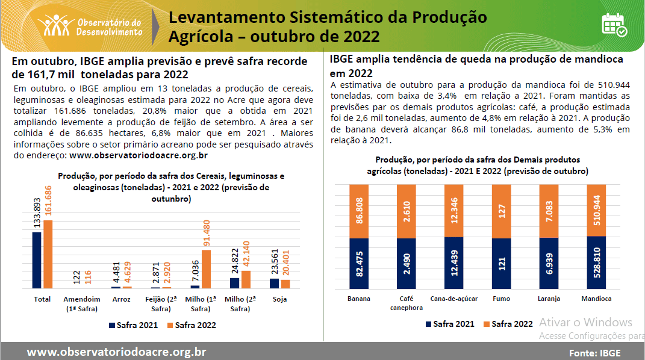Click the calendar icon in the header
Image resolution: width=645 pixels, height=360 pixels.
coord(614,24)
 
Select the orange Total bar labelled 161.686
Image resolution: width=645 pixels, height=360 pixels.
coord(48,254)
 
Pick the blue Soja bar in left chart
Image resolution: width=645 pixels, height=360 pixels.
coord(274,283)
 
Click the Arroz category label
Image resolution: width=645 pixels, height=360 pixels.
coord(120,299)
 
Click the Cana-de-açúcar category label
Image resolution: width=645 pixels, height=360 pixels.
coord(453,299)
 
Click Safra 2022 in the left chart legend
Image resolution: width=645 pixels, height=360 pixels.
coord(191,325)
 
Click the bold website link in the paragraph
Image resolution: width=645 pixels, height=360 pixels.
coord(139,155)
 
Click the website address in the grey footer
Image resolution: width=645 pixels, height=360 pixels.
coord(116,352)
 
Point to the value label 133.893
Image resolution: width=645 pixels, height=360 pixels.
coord(36,213)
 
